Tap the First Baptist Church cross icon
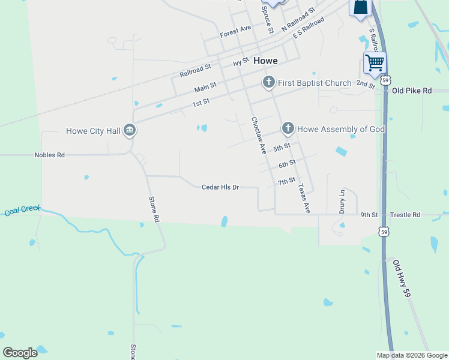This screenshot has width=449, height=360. (268, 82)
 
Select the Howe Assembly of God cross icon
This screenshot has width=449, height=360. (288, 128)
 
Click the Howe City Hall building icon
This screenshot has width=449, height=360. (130, 130)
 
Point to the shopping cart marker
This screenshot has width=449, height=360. (375, 62)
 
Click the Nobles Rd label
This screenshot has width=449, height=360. (49, 155)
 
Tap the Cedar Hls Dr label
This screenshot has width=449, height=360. (220, 187)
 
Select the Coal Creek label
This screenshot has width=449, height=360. (22, 210)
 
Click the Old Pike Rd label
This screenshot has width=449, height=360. (412, 91)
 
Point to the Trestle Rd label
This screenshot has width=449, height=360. (405, 215)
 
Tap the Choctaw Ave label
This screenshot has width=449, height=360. (259, 136)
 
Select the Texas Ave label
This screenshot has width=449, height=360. (304, 198)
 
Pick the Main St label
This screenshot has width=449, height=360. (205, 89)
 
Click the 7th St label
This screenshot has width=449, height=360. (286, 180)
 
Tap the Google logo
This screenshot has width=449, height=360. (20, 353)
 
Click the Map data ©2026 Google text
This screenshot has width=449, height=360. (412, 355)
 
